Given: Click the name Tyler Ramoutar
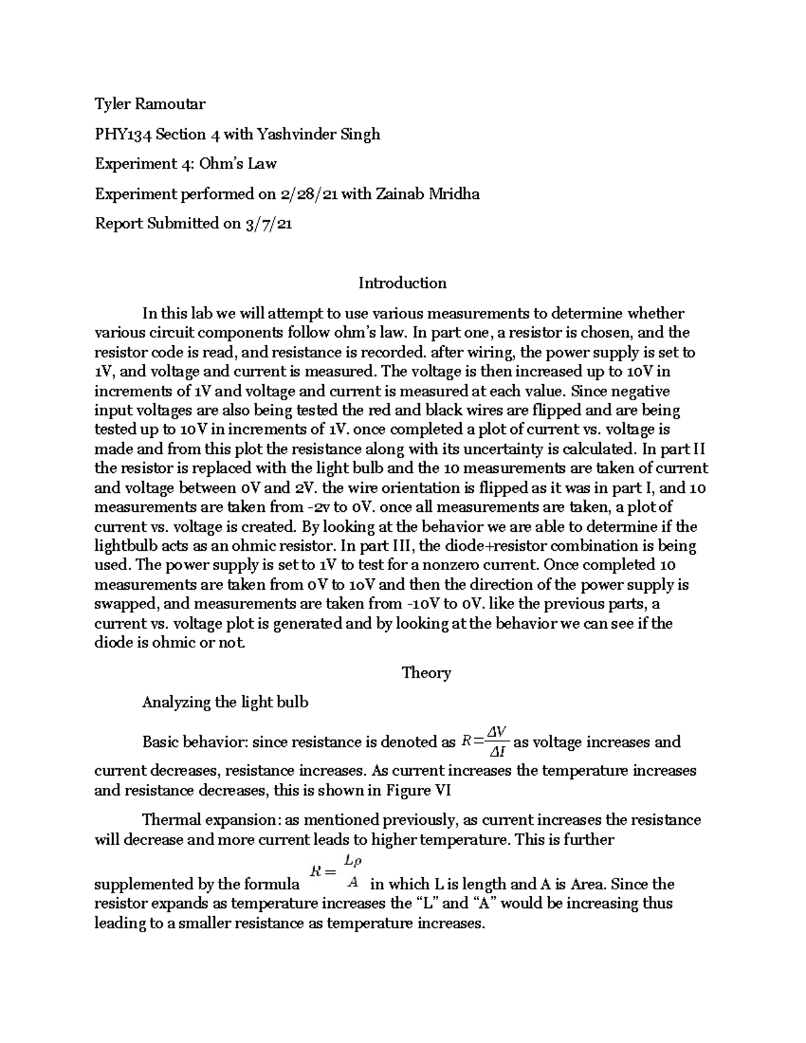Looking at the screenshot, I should tap(150, 104).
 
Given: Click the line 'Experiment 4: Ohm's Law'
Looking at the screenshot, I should tap(185, 164).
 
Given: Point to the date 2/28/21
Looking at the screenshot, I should tap(308, 194).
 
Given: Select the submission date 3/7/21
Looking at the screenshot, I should tap(268, 224).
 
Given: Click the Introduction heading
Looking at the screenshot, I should tap(402, 283).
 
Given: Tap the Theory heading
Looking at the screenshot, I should tap(426, 672).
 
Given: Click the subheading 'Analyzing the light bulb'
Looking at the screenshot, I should tap(225, 702).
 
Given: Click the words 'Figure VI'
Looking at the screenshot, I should tap(418, 790).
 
